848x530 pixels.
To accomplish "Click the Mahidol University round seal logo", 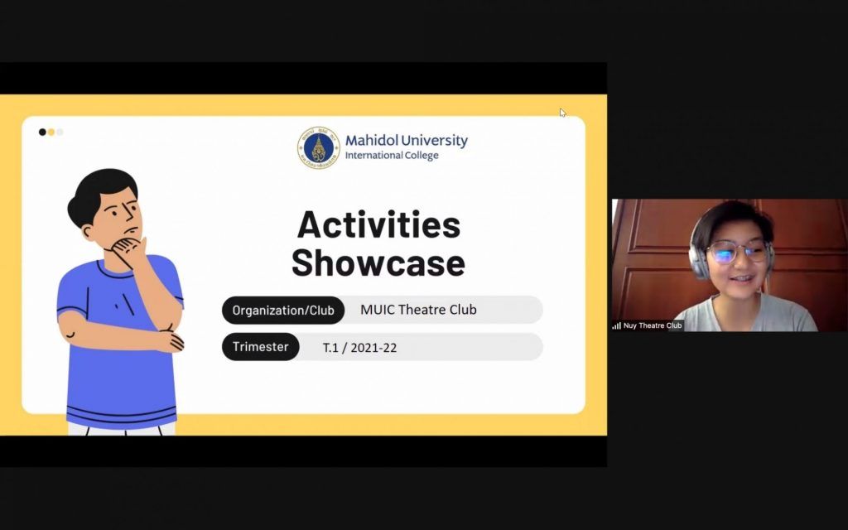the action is [x=319, y=147].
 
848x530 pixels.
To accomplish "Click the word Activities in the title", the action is [x=378, y=224].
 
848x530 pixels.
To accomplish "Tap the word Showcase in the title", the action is [x=378, y=263].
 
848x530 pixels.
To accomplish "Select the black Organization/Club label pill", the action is [x=283, y=310].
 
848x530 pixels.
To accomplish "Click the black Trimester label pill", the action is [x=260, y=347].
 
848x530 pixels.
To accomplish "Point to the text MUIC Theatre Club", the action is [x=418, y=310].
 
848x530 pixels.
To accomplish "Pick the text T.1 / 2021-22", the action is [x=359, y=348].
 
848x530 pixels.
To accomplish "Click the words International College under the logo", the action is [x=392, y=155].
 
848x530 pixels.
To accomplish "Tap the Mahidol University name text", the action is [x=406, y=141].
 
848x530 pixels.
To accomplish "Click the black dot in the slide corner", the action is [x=42, y=132].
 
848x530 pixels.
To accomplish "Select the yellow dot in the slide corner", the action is [x=51, y=132].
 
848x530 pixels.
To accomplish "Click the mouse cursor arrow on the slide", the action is [x=562, y=113].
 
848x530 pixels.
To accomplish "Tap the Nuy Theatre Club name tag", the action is [x=648, y=325].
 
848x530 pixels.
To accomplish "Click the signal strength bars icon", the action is [x=616, y=325].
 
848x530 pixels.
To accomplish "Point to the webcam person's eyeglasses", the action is [x=736, y=252].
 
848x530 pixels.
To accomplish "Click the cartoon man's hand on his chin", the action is [x=128, y=250].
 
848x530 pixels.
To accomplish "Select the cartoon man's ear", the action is [x=88, y=232].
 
